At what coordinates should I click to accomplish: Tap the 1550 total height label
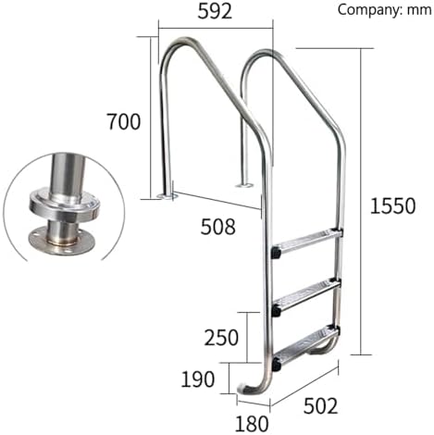coord(391,206)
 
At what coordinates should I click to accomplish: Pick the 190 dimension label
coord(197,378)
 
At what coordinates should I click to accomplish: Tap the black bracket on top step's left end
coord(276,251)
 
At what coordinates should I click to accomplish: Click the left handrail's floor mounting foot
coord(167,195)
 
